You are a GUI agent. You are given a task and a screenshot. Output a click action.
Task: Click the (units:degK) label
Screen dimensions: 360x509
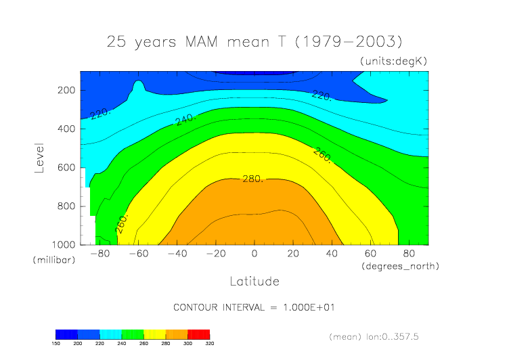pyautogui.click(x=393, y=61)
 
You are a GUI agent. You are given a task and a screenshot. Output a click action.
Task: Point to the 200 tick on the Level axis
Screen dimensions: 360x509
pyautogui.click(x=65, y=90)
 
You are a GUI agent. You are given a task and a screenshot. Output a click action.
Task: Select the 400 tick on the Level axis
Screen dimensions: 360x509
pyautogui.click(x=65, y=129)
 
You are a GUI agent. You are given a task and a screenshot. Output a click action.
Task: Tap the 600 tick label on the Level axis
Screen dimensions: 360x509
pyautogui.click(x=65, y=167)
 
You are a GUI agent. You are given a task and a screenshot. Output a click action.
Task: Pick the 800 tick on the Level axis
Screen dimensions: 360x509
pyautogui.click(x=65, y=206)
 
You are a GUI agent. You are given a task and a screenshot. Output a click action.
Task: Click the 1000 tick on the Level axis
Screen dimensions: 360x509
pyautogui.click(x=62, y=244)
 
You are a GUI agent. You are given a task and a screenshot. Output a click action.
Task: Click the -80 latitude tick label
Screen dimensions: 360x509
pyautogui.click(x=99, y=254)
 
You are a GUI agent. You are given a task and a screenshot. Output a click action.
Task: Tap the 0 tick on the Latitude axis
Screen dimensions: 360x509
pyautogui.click(x=255, y=254)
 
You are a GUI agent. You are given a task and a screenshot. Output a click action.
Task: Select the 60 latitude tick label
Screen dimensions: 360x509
pyautogui.click(x=371, y=254)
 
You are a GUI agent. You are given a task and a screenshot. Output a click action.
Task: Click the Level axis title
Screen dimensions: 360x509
pyautogui.click(x=39, y=157)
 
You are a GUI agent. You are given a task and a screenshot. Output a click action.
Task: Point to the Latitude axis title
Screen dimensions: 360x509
pyautogui.click(x=255, y=281)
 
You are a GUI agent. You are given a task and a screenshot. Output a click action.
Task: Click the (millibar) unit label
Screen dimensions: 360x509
pyautogui.click(x=51, y=260)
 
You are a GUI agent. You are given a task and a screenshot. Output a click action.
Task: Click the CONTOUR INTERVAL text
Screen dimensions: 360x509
pyautogui.click(x=255, y=307)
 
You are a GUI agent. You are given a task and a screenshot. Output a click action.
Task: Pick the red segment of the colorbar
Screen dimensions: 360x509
pyautogui.click(x=199, y=334)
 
